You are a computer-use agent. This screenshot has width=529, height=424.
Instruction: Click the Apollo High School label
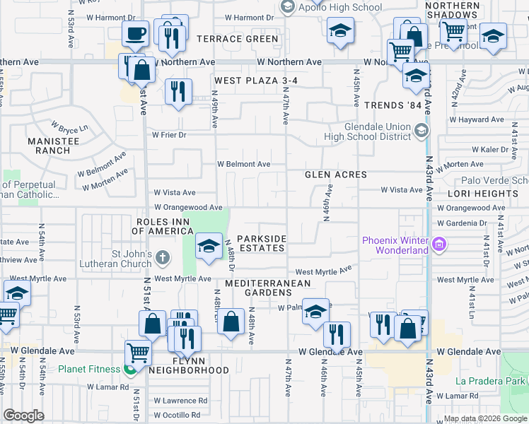click(x=331, y=6)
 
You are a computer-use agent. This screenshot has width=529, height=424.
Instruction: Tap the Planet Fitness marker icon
click(x=129, y=369)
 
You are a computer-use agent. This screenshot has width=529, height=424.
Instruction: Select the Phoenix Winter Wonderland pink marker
click(x=439, y=245)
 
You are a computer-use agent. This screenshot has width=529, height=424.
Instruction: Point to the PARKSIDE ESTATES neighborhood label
click(x=261, y=243)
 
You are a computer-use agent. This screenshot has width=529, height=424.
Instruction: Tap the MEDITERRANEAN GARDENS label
click(x=268, y=288)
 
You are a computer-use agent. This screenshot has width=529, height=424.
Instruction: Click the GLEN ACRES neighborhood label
click(x=335, y=175)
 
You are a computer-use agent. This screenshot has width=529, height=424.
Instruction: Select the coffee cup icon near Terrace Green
click(x=135, y=33)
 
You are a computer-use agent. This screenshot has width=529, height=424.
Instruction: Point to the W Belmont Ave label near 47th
click(x=243, y=164)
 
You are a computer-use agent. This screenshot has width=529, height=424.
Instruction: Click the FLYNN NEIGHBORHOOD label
click(x=190, y=365)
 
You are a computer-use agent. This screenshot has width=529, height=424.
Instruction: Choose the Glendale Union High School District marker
click(x=422, y=130)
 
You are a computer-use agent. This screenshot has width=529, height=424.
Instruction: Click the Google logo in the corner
click(x=23, y=416)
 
